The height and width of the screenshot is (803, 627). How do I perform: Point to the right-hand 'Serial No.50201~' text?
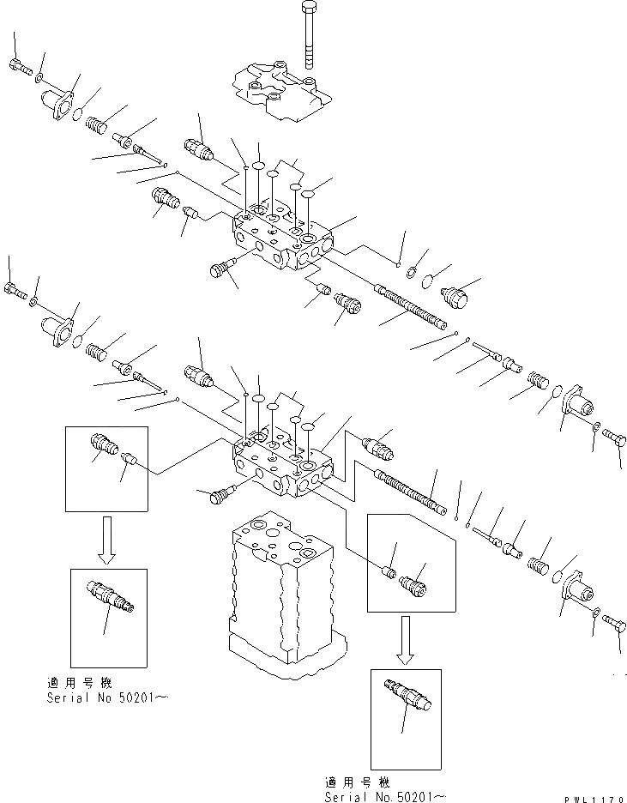click(x=385, y=796)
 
